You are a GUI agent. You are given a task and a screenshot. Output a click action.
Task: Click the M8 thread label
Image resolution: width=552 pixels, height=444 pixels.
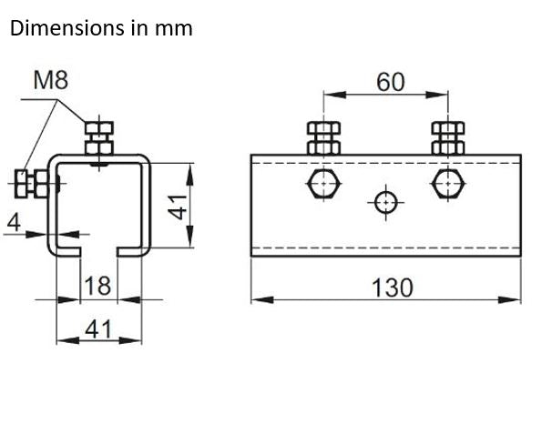pos(51,80)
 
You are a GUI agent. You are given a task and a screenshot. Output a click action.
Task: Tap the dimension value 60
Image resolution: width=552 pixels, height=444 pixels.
pos(391,81)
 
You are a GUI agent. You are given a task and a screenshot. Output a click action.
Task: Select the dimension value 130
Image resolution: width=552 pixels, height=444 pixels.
pos(393,288)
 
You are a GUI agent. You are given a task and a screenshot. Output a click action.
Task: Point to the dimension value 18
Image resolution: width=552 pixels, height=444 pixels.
pos(97,285)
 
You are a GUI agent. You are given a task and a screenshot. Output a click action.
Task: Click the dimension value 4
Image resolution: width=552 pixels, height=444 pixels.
pos(13,221)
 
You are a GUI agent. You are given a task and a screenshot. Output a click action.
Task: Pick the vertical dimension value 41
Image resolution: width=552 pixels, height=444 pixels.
pos(179,206)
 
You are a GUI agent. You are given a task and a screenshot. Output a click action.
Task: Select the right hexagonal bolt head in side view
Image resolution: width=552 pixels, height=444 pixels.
pos(447,185)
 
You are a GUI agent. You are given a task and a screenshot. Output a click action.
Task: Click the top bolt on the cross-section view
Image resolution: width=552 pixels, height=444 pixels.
pos(99,138)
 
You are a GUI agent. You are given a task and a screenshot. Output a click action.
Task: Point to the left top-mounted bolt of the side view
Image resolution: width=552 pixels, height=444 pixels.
pos(325,137)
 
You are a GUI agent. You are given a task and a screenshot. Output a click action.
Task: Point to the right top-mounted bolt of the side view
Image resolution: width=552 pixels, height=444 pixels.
pos(447,137)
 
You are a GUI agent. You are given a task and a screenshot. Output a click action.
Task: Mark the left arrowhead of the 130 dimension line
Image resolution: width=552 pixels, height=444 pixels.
pos(257,299)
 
